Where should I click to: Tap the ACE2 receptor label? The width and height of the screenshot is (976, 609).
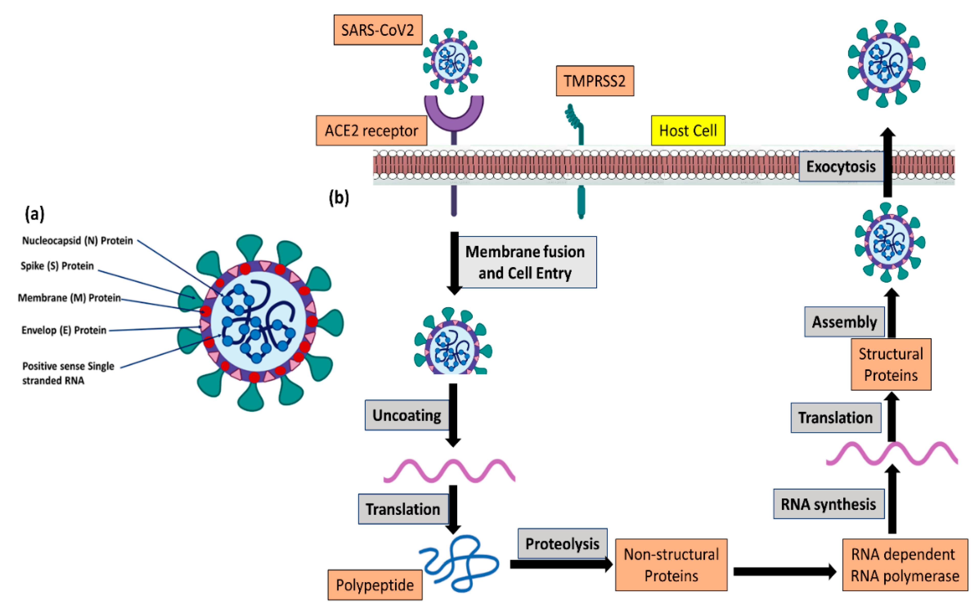pyautogui.click(x=371, y=131)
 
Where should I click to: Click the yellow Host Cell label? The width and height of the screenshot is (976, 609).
pyautogui.click(x=688, y=131)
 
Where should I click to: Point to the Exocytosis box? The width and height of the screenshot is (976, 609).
pyautogui.click(x=841, y=167)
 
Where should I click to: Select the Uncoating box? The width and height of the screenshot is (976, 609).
pyautogui.click(x=407, y=415)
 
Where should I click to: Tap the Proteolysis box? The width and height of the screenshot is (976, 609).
pyautogui.click(x=562, y=544)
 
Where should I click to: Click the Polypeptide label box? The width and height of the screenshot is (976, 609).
pyautogui.click(x=375, y=585)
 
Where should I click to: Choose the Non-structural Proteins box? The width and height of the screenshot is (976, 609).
pyautogui.click(x=671, y=565)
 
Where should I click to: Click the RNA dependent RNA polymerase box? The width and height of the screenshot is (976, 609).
pyautogui.click(x=905, y=565)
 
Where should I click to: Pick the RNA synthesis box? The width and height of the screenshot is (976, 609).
pyautogui.click(x=828, y=504)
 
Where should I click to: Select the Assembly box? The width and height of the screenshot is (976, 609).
pyautogui.click(x=844, y=322)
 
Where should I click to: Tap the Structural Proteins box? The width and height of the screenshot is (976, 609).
pyautogui.click(x=891, y=365)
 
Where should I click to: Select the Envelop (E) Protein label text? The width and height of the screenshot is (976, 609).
pyautogui.click(x=64, y=330)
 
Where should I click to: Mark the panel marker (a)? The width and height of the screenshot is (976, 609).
pyautogui.click(x=35, y=213)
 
